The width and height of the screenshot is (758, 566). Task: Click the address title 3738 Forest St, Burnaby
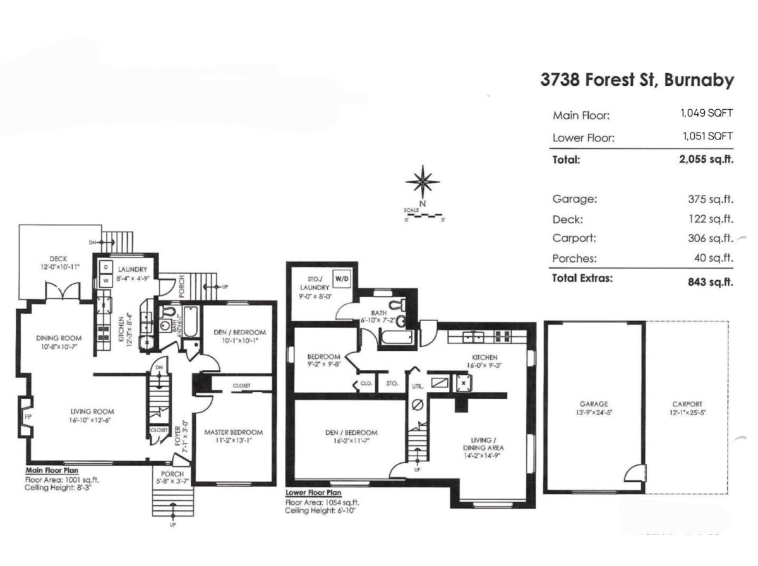pos(637,81)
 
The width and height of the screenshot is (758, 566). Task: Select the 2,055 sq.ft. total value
pos(706,160)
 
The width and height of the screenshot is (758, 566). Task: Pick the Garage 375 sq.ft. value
pos(710,199)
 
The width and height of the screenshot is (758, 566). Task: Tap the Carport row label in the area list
pos(574,239)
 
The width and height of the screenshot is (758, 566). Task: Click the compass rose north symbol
pos(423,180)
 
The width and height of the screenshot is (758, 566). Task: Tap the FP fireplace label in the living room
pos(27,416)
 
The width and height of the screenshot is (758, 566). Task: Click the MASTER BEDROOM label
pos(233,432)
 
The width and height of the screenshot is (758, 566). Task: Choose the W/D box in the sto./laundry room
pos(341,278)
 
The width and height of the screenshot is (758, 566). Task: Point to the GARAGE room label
pos(595,404)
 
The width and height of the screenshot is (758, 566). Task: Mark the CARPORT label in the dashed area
pos(687,404)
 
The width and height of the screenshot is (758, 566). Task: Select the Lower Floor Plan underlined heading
pos(314,493)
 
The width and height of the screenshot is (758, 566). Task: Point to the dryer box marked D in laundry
pos(105,266)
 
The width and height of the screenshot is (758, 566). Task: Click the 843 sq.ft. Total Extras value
pos(710,282)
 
